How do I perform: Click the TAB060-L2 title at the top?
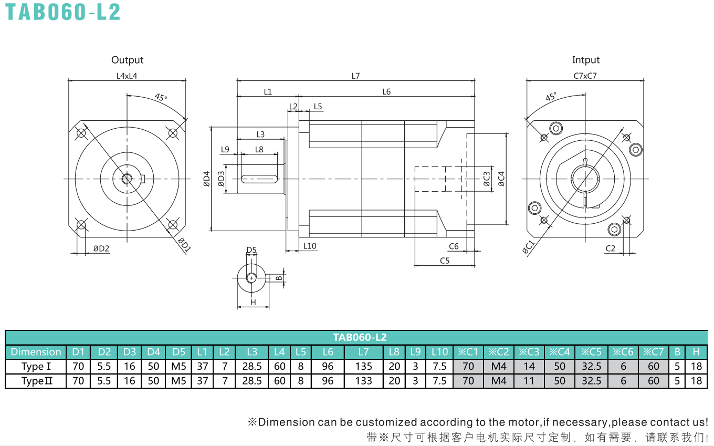pyautogui.click(x=63, y=12)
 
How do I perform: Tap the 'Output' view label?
pyautogui.click(x=127, y=60)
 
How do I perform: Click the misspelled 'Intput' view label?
pyautogui.click(x=585, y=60)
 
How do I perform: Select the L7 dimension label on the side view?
pyautogui.click(x=355, y=76)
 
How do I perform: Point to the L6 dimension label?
pyautogui.click(x=386, y=92)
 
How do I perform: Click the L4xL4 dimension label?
pyautogui.click(x=127, y=76)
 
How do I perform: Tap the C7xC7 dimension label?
pyautogui.click(x=585, y=76)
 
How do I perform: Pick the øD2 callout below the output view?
pyautogui.click(x=101, y=248)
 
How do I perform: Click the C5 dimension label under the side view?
pyautogui.click(x=445, y=261)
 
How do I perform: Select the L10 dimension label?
pyautogui.click(x=310, y=246)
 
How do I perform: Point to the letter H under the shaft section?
pyautogui.click(x=253, y=302)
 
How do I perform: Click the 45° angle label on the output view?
pyautogui.click(x=161, y=97)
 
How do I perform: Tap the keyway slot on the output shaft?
pyautogui.click(x=259, y=179)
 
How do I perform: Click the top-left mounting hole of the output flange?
pyautogui.click(x=81, y=133)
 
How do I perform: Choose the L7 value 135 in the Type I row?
pyautogui.click(x=363, y=366)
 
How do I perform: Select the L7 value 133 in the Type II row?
pyautogui.click(x=363, y=381)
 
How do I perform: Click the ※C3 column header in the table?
pyautogui.click(x=529, y=352)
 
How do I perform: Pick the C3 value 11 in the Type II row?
pyautogui.click(x=529, y=381)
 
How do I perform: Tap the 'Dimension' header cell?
pyautogui.click(x=36, y=352)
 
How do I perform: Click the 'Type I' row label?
pyautogui.click(x=36, y=366)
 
